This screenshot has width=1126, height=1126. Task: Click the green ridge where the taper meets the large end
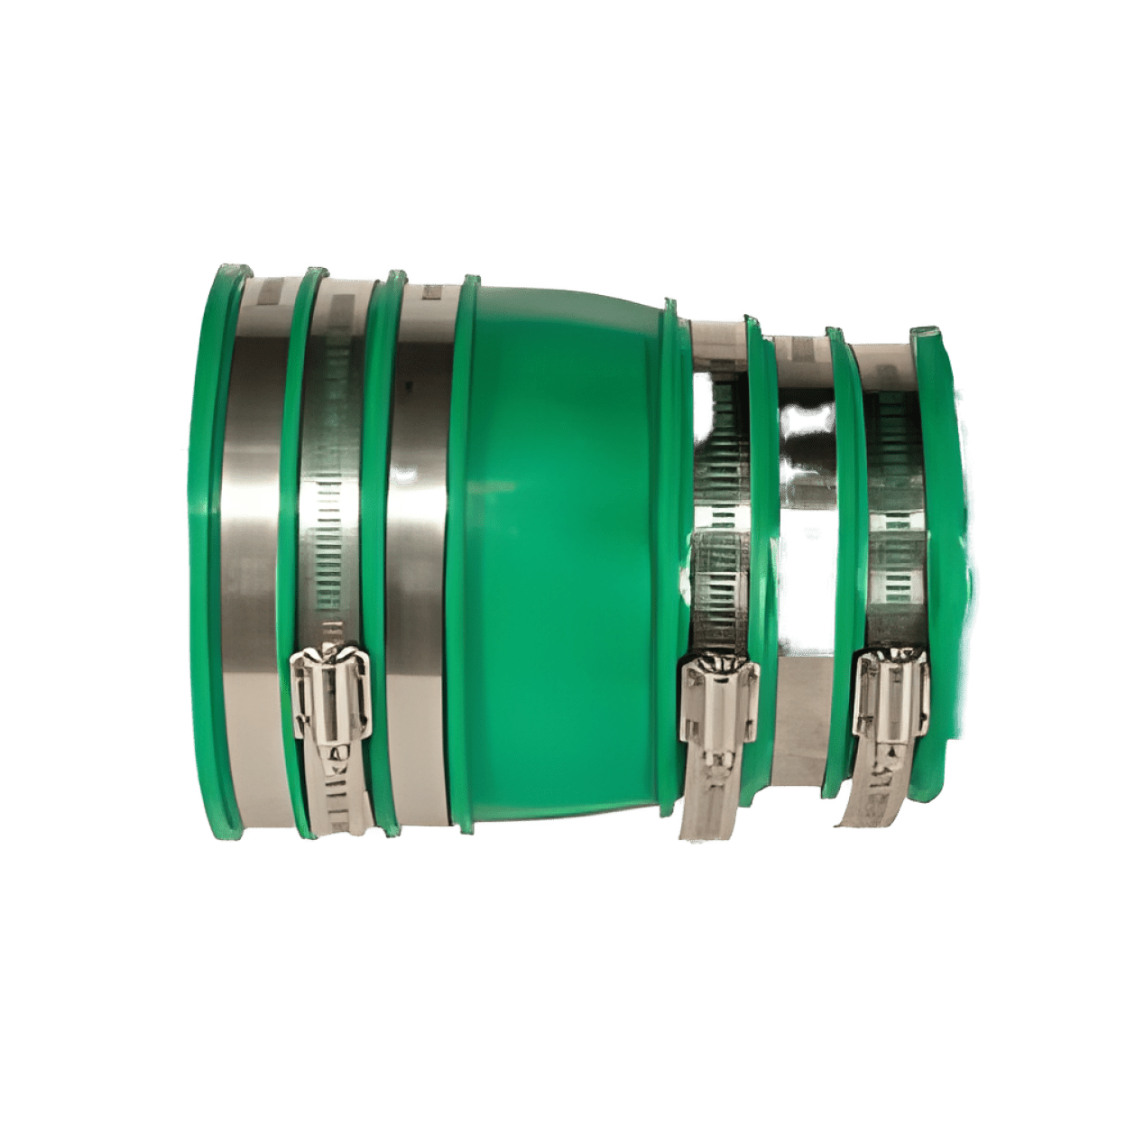[x=466, y=541]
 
